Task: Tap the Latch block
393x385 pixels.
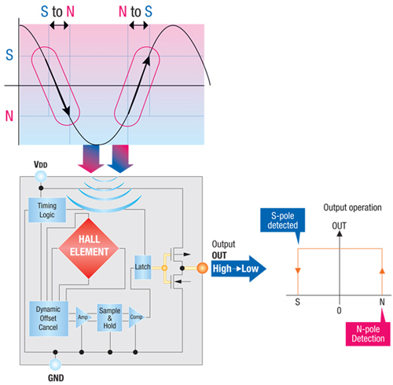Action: [142, 265]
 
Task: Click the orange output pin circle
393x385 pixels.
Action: [202, 268]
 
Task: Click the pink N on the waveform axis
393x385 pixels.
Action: [9, 116]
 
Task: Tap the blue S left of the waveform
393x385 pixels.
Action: [9, 55]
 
